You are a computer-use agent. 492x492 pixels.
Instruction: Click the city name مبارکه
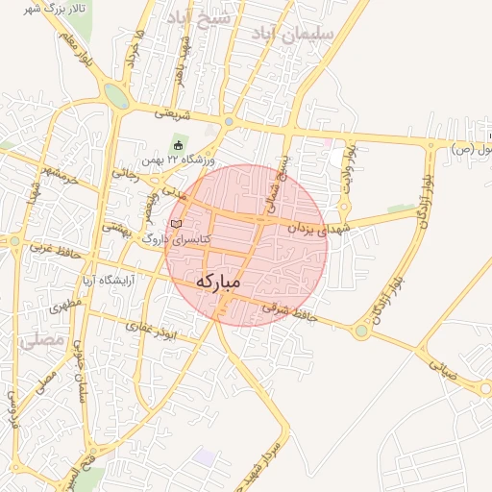[x=218, y=283]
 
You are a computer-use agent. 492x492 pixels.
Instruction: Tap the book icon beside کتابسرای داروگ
[x=175, y=224]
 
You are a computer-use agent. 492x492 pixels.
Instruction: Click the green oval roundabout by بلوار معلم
[x=116, y=96]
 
